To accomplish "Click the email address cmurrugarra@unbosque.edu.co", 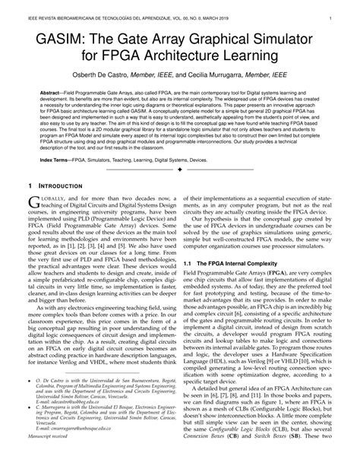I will [75, 450].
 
